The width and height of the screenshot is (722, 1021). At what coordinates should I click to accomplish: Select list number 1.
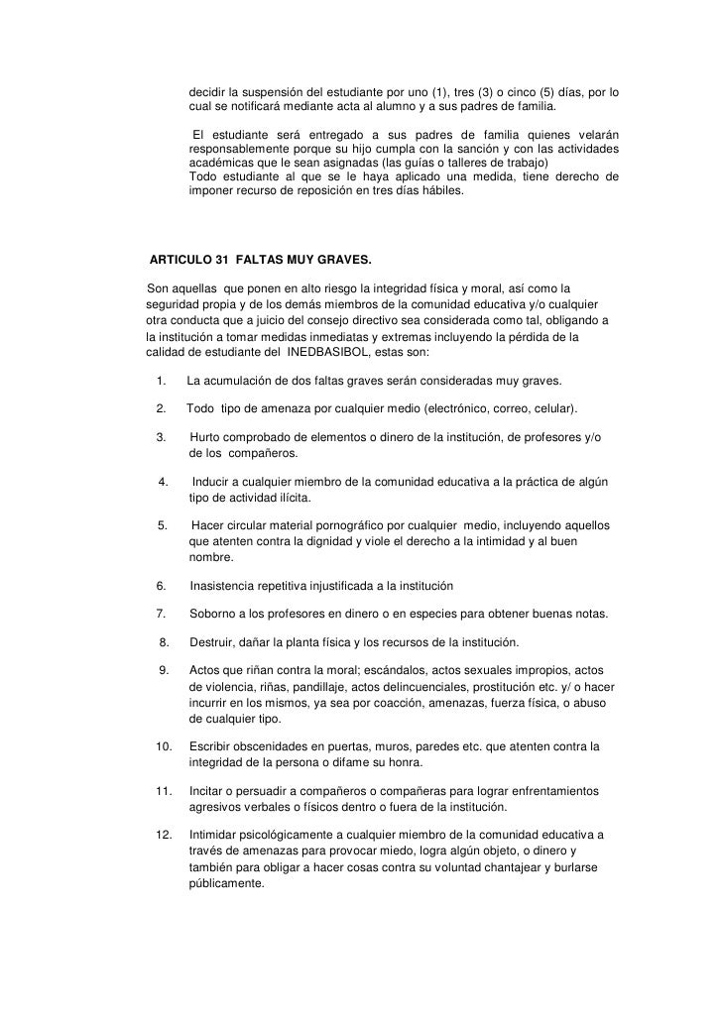pyautogui.click(x=160, y=382)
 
